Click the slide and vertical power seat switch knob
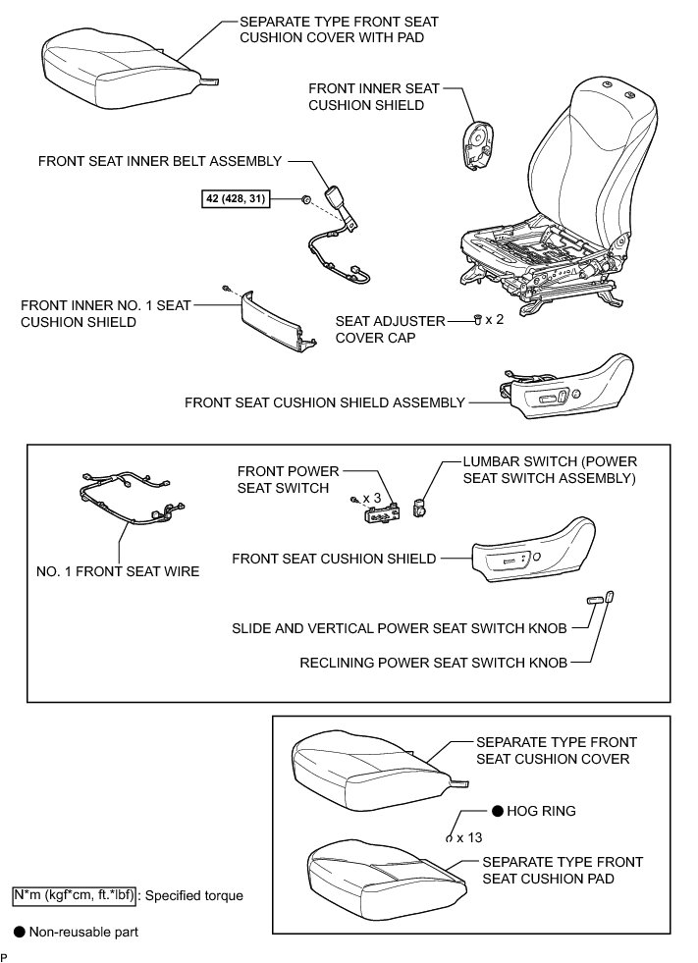[594, 599]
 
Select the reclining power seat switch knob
[610, 595]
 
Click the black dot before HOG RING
[498, 811]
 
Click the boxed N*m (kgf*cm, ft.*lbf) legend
[75, 895]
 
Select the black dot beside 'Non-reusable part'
[19, 932]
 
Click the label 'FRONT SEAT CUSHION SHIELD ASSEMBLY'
[324, 402]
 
